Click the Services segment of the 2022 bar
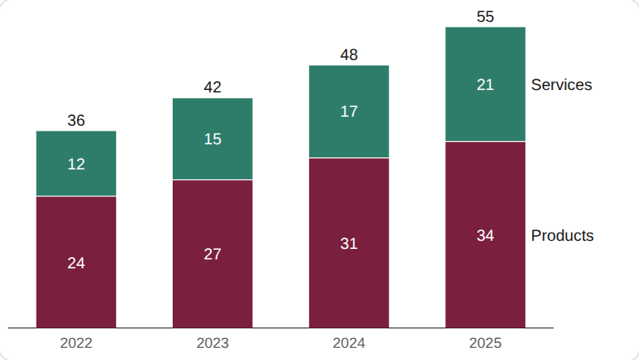pyautogui.click(x=76, y=164)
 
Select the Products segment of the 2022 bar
pyautogui.click(x=76, y=262)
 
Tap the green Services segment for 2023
pyautogui.click(x=212, y=139)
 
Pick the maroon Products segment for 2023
pyautogui.click(x=212, y=254)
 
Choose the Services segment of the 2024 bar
pyautogui.click(x=349, y=111)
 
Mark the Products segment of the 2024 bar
pyautogui.click(x=349, y=243)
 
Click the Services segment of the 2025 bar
pyautogui.click(x=486, y=84)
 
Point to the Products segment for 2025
pyautogui.click(x=486, y=235)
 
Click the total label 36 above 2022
pyautogui.click(x=76, y=121)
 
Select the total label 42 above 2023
pyautogui.click(x=212, y=88)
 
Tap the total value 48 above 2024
pyautogui.click(x=349, y=54)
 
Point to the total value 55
pyautogui.click(x=486, y=17)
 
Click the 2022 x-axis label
pyautogui.click(x=76, y=343)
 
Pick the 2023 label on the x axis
pyautogui.click(x=212, y=343)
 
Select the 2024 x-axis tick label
pyautogui.click(x=349, y=343)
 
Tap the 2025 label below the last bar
pyautogui.click(x=486, y=343)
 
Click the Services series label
pyautogui.click(x=562, y=85)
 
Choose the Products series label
pyautogui.click(x=563, y=236)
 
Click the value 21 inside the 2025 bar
pyautogui.click(x=486, y=85)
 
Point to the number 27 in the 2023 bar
pyautogui.click(x=212, y=255)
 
